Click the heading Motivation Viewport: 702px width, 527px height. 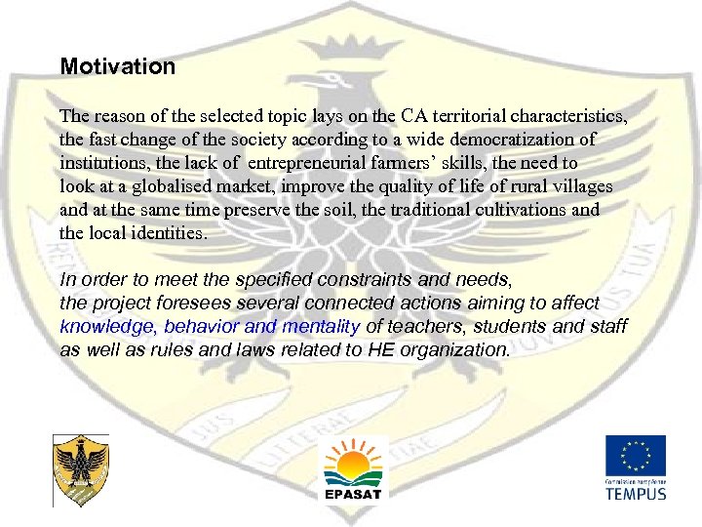coord(118,67)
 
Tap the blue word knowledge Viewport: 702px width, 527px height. coord(107,326)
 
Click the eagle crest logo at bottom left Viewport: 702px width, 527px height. coord(80,471)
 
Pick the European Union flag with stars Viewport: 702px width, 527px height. coord(635,455)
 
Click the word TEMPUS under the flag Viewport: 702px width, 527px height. coord(635,493)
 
